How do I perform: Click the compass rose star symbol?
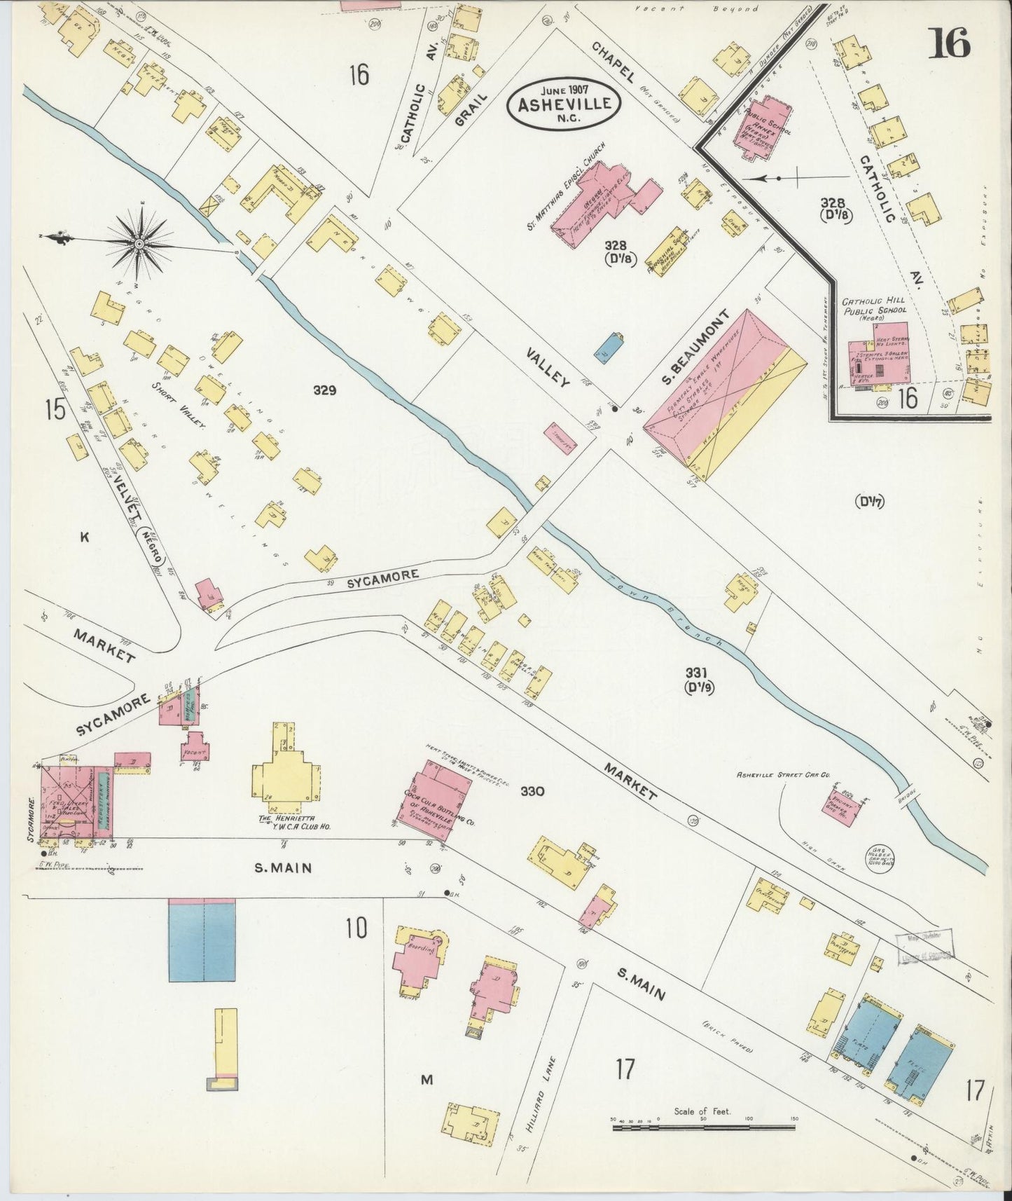coord(139,243)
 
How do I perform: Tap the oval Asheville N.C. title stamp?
coord(564,104)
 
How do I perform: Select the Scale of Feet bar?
coord(702,1129)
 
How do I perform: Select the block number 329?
coord(325,390)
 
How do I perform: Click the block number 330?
coord(552,792)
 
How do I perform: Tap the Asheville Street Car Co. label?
coord(782,776)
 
